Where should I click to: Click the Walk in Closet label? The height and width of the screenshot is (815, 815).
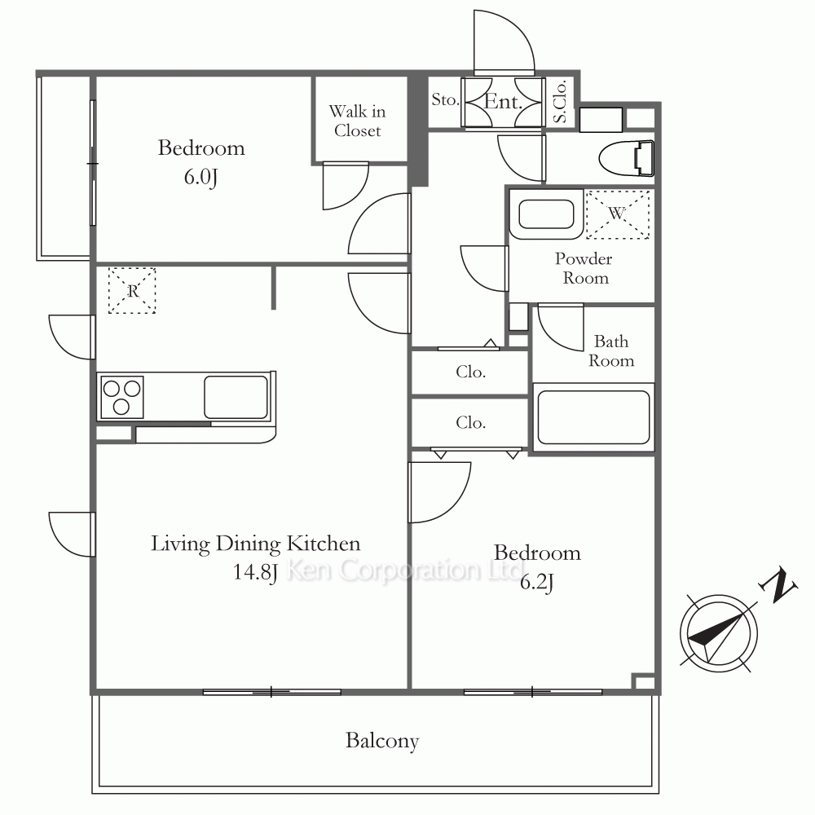coord(358,121)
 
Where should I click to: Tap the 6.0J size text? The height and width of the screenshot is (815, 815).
coord(200,177)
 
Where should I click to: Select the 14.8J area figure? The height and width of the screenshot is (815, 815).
coord(254,572)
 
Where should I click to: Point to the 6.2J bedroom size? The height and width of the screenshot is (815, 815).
coord(537,582)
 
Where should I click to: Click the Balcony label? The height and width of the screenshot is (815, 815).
coord(382,741)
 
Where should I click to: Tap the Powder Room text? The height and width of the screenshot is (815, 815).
coord(584,268)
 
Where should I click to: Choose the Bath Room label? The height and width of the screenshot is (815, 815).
coord(611,350)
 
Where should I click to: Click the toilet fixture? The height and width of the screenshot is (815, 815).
coord(626,158)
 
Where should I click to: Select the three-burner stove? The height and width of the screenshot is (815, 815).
coord(121,397)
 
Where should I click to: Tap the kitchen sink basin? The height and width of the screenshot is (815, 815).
coord(236,397)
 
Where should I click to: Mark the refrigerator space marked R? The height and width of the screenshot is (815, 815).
coord(132,291)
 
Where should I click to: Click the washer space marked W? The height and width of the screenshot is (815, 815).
coord(618,214)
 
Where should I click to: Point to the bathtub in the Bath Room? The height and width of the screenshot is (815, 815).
coord(593,416)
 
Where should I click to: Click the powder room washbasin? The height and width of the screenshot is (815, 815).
coord(546,214)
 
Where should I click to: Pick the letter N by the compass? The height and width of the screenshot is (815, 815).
coord(778,586)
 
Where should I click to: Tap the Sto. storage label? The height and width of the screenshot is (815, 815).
coord(445,99)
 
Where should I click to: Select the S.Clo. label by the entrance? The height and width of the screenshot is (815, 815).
coord(560,102)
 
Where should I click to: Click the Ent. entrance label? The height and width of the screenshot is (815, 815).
coord(503,101)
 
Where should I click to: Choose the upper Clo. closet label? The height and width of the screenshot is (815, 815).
coord(471,372)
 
